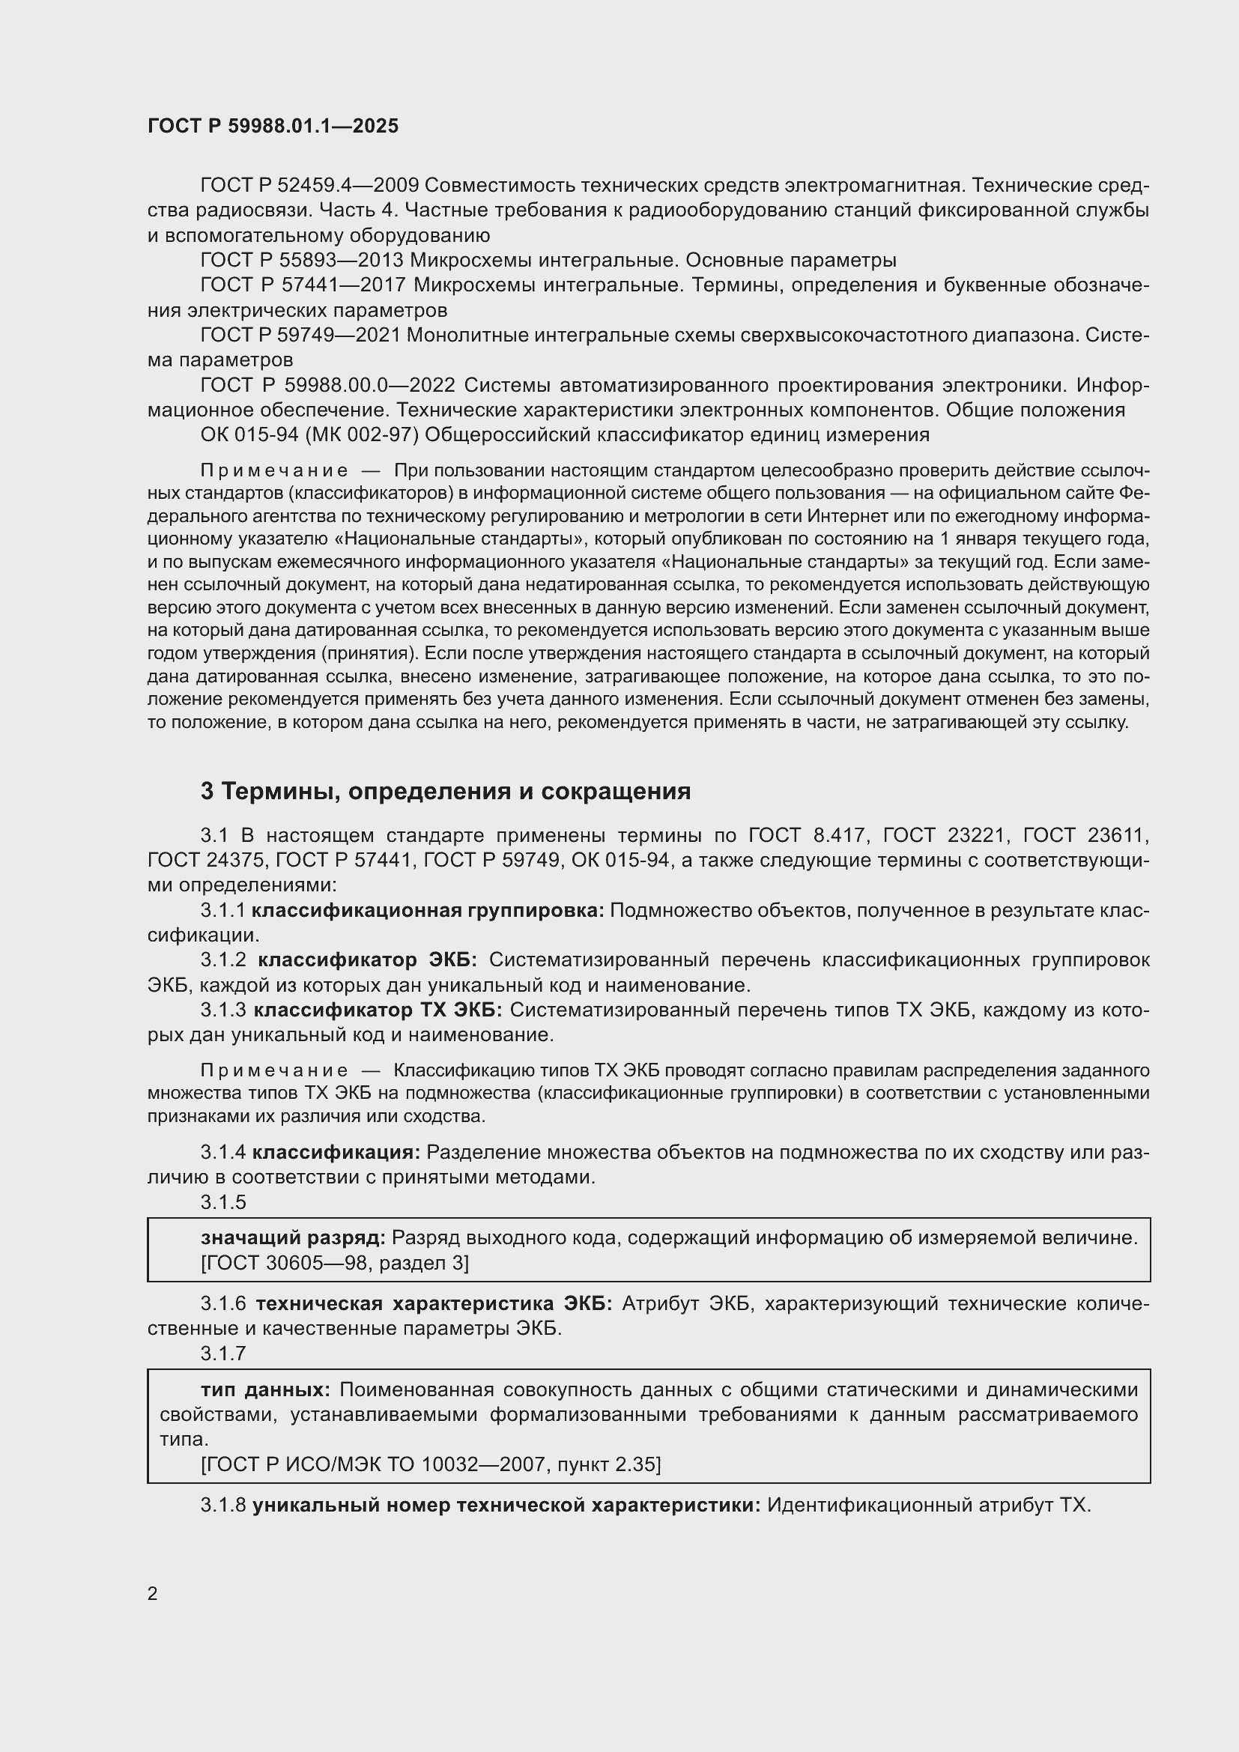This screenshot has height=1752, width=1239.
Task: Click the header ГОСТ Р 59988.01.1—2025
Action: point(273,127)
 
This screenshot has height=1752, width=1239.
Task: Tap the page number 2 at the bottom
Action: point(153,1593)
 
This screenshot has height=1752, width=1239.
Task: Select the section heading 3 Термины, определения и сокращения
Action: point(446,791)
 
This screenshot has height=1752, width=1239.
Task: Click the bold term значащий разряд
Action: point(293,1237)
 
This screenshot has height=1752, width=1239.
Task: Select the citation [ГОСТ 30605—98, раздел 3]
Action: point(334,1263)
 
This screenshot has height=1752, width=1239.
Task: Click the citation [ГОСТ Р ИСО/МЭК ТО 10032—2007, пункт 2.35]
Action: point(431,1464)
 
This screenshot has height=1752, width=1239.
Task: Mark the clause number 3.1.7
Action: point(222,1353)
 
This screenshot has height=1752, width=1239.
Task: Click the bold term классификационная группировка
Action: point(427,910)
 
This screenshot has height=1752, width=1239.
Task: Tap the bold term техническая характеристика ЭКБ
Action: point(433,1303)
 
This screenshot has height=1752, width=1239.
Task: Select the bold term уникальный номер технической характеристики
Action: point(506,1505)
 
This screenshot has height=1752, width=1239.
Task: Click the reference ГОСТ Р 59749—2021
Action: point(299,335)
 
